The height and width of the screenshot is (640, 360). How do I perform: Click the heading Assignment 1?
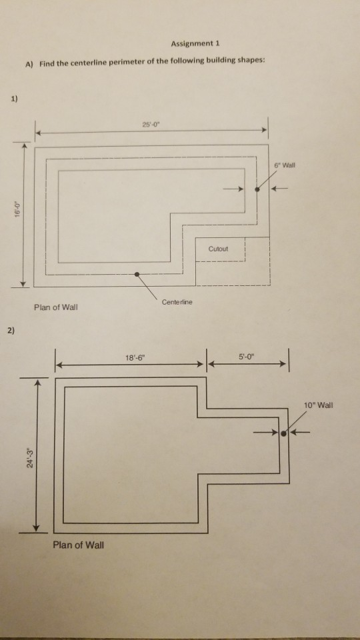click(x=195, y=44)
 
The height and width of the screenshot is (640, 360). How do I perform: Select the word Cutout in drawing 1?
click(x=218, y=249)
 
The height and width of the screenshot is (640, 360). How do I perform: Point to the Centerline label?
click(x=177, y=302)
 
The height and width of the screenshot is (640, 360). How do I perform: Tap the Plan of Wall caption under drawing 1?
click(x=55, y=307)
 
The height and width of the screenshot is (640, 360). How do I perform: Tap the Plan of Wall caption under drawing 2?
click(x=79, y=545)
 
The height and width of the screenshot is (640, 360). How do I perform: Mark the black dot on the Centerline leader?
click(x=137, y=274)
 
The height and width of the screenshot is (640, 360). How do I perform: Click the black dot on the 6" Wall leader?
click(x=257, y=189)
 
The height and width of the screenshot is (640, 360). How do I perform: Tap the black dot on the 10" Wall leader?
click(x=284, y=433)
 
